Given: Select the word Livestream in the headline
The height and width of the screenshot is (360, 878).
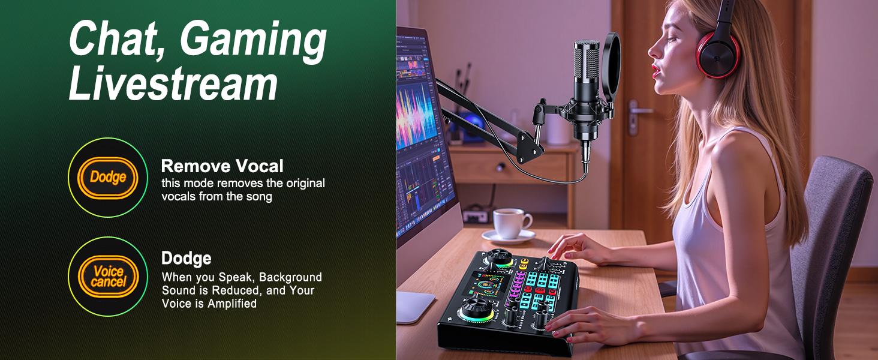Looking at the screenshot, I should click(173, 85).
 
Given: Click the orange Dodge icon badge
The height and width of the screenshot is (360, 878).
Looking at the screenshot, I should click(108, 177).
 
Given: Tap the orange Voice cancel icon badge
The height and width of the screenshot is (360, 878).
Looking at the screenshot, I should click(108, 276).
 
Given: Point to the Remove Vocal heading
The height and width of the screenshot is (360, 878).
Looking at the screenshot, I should click(222, 166).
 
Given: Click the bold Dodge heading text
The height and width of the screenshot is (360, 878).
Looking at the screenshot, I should click(186, 259).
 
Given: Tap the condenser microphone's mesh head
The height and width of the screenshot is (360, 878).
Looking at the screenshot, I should click(585, 66).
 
